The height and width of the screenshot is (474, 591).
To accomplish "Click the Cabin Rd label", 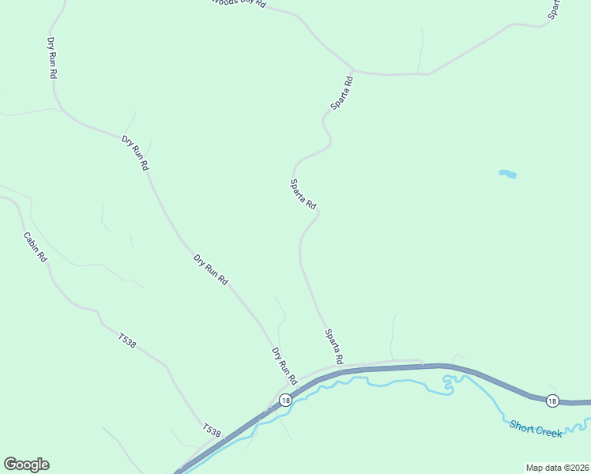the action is (x=35, y=247).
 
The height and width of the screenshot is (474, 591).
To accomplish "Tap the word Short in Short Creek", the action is (x=522, y=427).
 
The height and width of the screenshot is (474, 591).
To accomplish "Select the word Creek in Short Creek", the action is (x=549, y=432).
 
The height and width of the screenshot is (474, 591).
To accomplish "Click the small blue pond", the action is (x=508, y=174).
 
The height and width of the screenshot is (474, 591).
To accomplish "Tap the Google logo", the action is (x=26, y=465).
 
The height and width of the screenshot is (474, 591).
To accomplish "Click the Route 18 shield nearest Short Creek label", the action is (x=551, y=401).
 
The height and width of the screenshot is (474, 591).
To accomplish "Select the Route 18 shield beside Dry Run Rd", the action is (x=285, y=401).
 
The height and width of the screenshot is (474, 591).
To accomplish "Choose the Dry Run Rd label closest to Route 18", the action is (x=283, y=366).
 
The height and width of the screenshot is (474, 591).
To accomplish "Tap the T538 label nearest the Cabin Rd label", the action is (x=127, y=340).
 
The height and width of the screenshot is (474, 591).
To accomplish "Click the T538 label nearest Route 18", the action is (x=211, y=431).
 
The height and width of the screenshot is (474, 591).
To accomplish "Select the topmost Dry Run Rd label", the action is (x=53, y=57).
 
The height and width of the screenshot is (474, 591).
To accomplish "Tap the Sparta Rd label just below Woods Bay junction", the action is (x=341, y=92).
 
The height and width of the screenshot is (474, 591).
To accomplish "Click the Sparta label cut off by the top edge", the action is (x=555, y=8).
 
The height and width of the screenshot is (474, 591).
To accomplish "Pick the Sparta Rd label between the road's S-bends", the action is (x=303, y=194).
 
